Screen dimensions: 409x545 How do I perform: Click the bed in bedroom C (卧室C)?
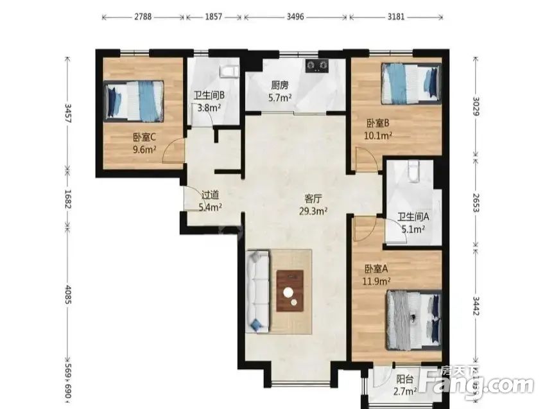click(135, 100)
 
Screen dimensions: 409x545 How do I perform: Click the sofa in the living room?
click(258, 291)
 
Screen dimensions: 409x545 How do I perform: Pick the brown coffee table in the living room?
click(290, 291)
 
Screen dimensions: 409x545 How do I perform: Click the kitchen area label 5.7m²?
click(280, 98)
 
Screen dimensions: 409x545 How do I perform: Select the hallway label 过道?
click(211, 196)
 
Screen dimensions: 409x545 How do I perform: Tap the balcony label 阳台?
click(404, 379)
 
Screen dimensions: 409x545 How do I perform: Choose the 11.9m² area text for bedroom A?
click(379, 281)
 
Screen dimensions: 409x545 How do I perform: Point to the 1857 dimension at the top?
click(214, 17)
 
